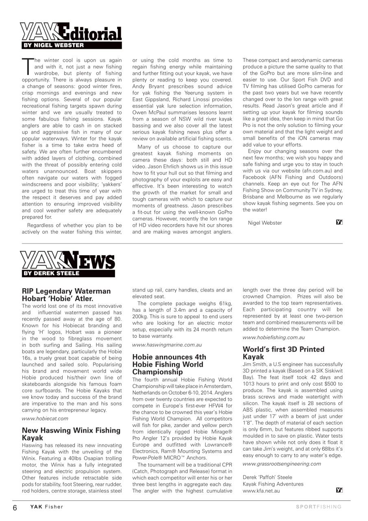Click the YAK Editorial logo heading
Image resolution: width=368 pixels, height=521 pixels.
coord(71,33)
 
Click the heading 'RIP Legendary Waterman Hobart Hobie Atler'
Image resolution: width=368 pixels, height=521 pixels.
coord(66,295)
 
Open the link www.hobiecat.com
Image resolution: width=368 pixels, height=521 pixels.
coord(45,418)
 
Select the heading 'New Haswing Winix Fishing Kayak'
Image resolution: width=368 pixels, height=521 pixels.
coord(71,434)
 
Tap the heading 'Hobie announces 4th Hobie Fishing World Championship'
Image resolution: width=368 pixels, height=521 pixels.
coord(169,364)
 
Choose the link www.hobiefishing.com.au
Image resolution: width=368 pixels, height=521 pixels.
coord(274,337)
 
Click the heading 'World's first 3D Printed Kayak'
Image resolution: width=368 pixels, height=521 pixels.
coord(283,353)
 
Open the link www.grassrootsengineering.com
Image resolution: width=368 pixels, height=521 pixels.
coord(282,463)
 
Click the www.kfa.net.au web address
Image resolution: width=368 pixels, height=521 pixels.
coord(261,491)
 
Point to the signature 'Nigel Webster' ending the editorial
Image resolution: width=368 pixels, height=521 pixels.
coord(265,223)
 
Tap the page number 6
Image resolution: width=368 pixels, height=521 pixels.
coord(15,507)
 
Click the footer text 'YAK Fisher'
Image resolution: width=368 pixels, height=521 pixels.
coord(46,507)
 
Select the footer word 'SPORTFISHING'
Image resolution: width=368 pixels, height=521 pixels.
coord(318,507)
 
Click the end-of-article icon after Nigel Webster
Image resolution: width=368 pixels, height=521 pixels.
coord(340,222)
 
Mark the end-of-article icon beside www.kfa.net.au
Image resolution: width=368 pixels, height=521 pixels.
coord(340,490)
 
